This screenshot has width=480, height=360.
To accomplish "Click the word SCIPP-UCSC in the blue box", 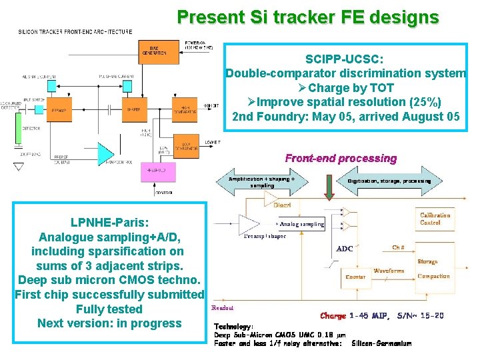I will [x=345, y=59].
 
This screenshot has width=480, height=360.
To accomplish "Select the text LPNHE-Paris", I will [x=110, y=222].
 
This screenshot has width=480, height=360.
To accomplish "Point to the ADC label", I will [x=345, y=248].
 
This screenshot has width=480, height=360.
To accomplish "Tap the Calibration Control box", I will [x=435, y=219].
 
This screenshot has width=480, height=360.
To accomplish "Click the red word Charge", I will [x=333, y=315].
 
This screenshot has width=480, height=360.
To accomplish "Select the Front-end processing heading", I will [x=341, y=159].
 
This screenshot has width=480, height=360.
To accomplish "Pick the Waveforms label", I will [x=389, y=271].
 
